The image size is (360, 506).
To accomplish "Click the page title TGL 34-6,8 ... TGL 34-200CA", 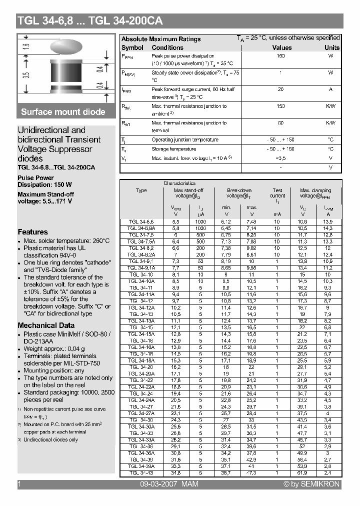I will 90,21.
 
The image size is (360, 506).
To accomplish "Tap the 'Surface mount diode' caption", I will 63,112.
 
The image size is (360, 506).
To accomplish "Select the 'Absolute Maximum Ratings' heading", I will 161,39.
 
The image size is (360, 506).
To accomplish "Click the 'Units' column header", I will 331,47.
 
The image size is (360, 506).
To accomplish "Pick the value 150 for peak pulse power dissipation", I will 280,56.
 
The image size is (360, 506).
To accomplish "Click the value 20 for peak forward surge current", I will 280,89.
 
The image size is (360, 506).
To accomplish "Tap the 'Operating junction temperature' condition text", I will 185,140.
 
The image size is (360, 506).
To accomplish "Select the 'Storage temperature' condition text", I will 173,149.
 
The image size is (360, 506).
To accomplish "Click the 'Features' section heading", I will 33,232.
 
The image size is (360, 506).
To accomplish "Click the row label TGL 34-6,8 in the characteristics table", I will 141,221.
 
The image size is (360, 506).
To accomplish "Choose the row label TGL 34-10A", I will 141,281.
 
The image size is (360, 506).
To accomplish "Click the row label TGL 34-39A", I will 141,465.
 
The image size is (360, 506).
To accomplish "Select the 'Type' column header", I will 141,190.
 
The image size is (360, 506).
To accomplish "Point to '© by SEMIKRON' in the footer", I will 311,484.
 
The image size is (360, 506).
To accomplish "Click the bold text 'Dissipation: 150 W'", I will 44,184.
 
